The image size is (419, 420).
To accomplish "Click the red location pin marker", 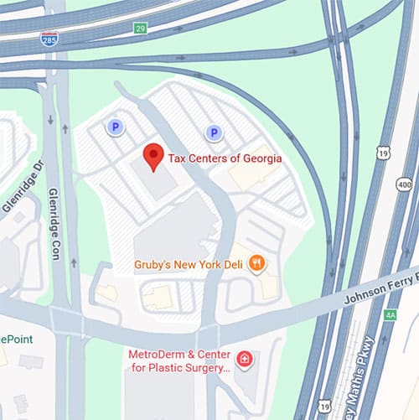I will [152, 157].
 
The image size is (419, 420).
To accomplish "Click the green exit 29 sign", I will [140, 29].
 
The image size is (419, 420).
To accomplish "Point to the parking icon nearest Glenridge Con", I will [115, 127].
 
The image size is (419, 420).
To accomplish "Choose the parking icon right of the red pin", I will [214, 132].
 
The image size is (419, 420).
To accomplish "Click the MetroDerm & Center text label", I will [178, 354].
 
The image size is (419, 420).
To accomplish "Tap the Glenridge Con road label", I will [55, 223].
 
